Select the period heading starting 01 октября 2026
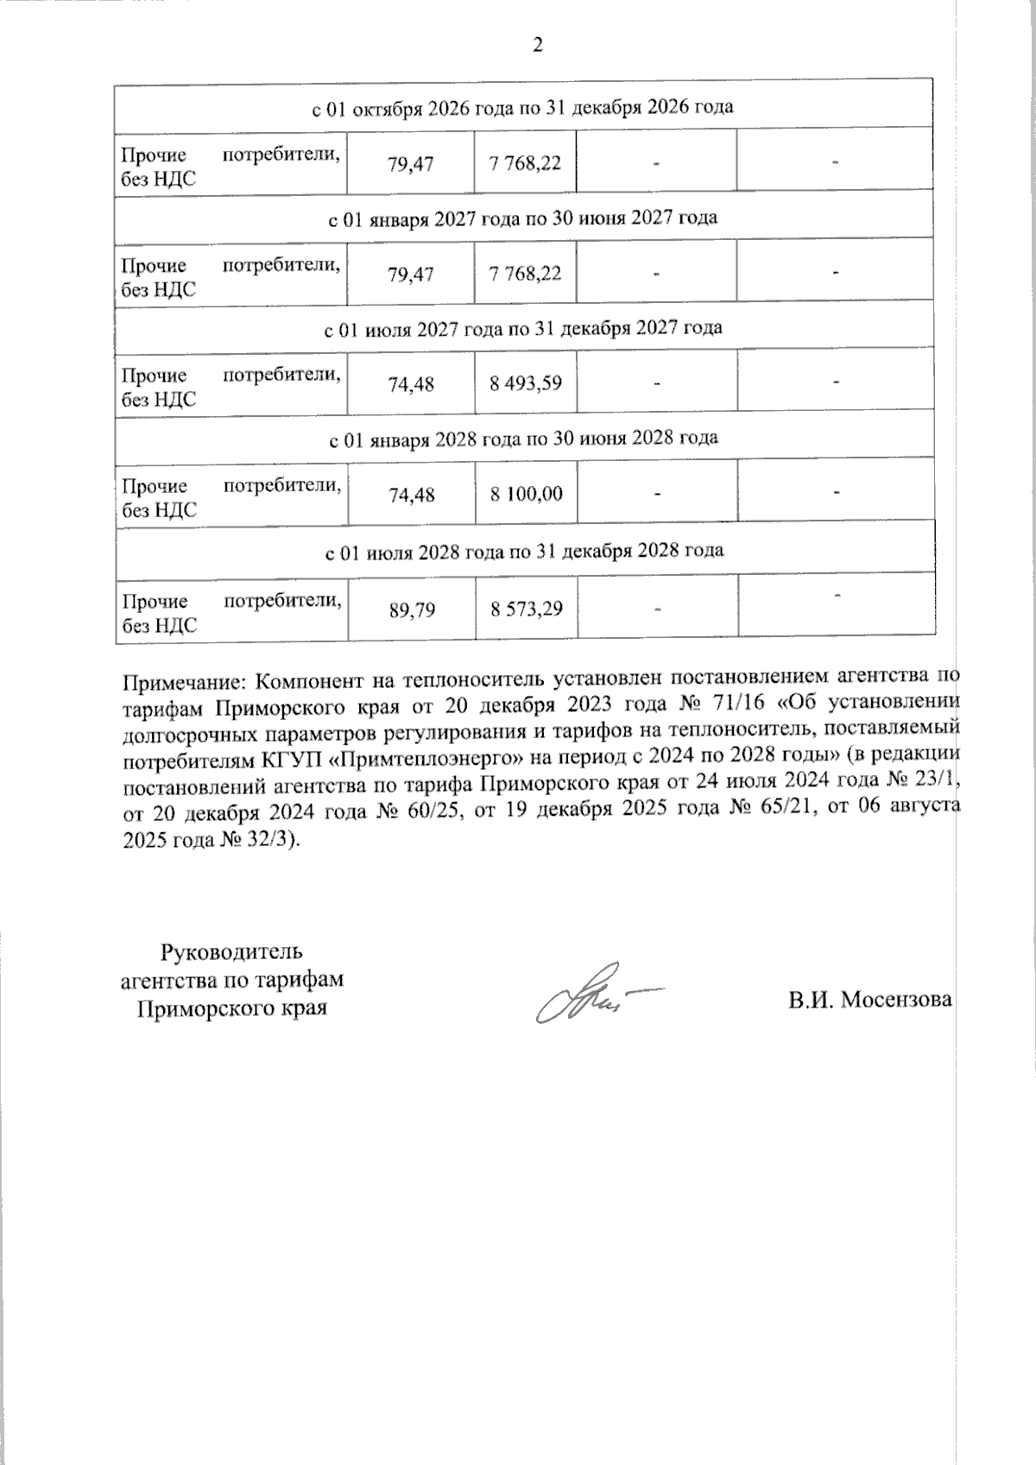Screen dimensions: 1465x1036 [522, 107]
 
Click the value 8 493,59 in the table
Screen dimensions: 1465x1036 [526, 382]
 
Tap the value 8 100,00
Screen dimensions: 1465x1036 [526, 494]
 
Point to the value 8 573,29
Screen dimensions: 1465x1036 [527, 609]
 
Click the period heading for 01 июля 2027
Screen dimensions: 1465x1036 [522, 328]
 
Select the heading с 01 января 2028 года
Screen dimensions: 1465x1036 [523, 439]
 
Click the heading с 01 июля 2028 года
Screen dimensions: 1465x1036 [524, 550]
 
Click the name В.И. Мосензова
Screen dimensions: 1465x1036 [869, 1000]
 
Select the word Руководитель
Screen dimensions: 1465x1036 [231, 952]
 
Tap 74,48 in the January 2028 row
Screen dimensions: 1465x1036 [412, 495]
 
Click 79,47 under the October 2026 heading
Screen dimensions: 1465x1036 [411, 164]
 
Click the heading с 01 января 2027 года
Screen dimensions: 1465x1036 [523, 218]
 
